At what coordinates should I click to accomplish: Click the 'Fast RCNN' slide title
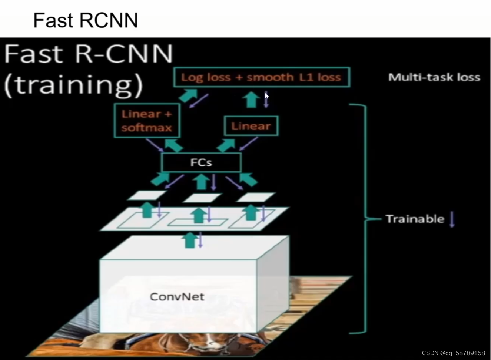click(85, 20)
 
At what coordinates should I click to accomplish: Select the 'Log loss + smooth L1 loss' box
click(261, 77)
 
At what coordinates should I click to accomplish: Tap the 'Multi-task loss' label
click(434, 77)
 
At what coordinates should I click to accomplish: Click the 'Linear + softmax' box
click(147, 121)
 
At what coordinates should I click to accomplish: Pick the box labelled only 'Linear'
click(251, 126)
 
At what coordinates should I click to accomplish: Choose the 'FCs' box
click(201, 162)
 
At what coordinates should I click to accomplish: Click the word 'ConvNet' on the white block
click(177, 296)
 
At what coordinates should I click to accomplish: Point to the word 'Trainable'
click(415, 219)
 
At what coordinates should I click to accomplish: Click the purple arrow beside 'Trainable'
click(452, 219)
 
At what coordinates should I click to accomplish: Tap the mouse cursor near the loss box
click(267, 96)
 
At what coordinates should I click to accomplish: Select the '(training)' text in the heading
click(73, 85)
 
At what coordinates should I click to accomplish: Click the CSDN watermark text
click(453, 353)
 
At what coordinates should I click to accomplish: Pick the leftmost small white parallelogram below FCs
click(146, 195)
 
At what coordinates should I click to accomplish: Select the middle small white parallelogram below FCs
click(202, 197)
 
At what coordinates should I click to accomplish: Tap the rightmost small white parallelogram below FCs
click(256, 197)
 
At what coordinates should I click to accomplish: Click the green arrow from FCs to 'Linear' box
click(226, 145)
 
